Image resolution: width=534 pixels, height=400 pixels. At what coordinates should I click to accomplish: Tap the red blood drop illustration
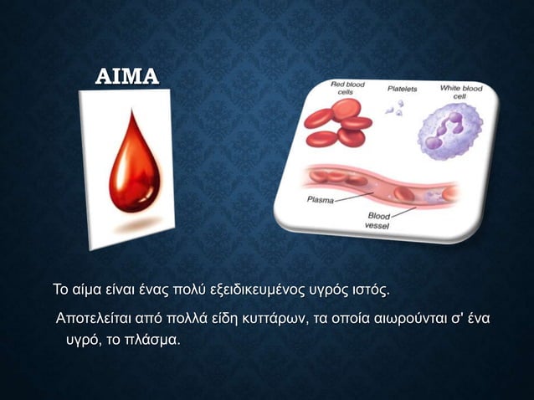coord(130,167)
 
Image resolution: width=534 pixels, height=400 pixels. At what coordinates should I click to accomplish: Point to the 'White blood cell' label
coord(460,91)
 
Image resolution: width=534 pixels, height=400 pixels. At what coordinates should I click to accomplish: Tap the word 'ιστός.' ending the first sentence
coord(369,291)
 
